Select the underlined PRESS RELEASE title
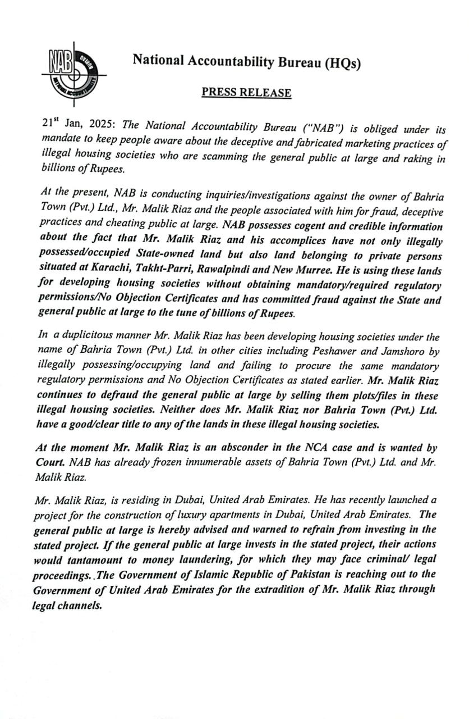click(x=246, y=93)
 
